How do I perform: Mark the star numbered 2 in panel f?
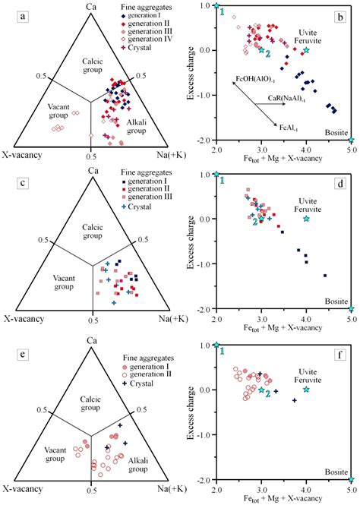(x=261, y=390)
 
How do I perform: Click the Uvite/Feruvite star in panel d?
(x=306, y=219)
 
